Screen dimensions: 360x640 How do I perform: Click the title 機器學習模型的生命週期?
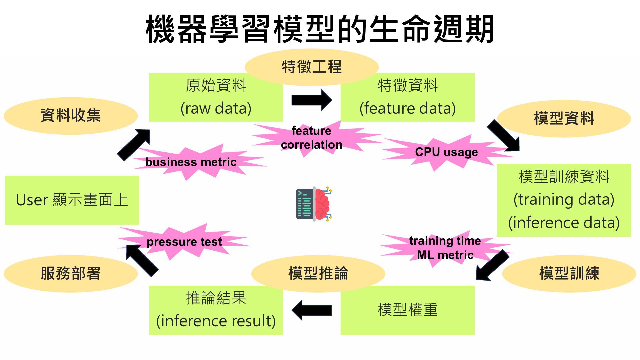tap(320, 29)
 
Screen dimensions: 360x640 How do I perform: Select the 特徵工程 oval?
tap(312, 66)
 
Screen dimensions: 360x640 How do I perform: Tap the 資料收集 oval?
tap(71, 116)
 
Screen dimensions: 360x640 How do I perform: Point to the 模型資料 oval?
tap(564, 118)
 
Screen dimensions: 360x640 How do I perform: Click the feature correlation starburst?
tap(312, 138)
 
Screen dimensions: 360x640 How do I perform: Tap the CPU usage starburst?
tap(446, 152)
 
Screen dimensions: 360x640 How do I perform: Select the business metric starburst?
tap(191, 162)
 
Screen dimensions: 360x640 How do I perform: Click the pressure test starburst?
tap(184, 242)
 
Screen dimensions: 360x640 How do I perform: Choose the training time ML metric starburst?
tap(445, 248)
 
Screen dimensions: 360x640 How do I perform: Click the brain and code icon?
tap(314, 204)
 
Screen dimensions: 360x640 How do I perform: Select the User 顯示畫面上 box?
tap(72, 200)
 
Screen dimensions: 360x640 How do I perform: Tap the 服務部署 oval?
tap(71, 274)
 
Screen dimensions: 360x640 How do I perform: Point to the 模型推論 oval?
tap(318, 274)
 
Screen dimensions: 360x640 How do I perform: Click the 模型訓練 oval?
tap(569, 274)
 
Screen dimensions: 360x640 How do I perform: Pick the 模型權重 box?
tap(407, 310)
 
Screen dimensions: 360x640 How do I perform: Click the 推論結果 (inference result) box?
tap(216, 310)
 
